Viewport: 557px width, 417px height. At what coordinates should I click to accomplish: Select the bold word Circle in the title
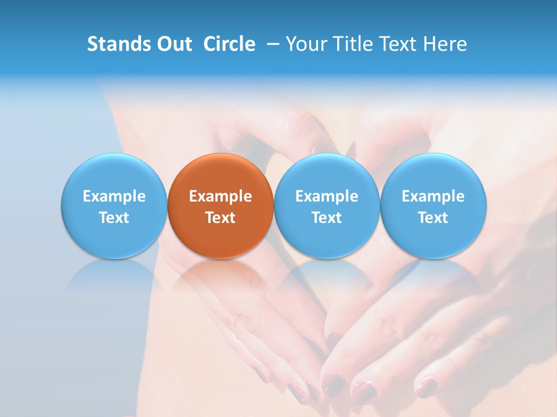click(x=229, y=44)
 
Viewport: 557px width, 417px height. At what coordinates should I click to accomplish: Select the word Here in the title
click(x=444, y=44)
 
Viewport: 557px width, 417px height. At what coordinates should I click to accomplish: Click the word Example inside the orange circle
click(x=220, y=196)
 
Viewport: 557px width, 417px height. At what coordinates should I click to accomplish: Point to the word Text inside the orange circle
click(x=220, y=218)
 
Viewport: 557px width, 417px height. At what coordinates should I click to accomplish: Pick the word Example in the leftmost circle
click(x=114, y=196)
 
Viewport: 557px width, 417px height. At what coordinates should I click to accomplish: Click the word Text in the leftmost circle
click(x=114, y=218)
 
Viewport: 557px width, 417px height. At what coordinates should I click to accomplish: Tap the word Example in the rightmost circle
click(x=433, y=196)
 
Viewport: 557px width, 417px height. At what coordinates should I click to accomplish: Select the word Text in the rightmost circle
click(x=433, y=218)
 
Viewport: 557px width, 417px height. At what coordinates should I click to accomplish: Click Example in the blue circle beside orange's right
click(x=327, y=196)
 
